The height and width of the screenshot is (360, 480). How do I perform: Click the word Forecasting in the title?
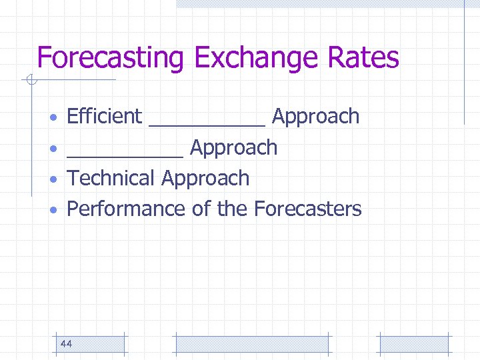pyautogui.click(x=110, y=58)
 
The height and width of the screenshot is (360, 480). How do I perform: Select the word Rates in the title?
pyautogui.click(x=365, y=58)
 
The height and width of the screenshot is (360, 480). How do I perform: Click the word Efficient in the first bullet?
pyautogui.click(x=105, y=117)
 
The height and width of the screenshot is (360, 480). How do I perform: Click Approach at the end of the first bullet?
pyautogui.click(x=316, y=117)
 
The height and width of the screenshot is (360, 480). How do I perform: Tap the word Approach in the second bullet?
pyautogui.click(x=233, y=148)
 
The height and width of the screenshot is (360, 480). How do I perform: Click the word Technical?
pyautogui.click(x=111, y=179)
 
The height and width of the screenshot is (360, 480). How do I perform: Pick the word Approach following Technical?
pyautogui.click(x=205, y=179)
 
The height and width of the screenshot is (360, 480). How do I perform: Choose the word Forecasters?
pyautogui.click(x=307, y=209)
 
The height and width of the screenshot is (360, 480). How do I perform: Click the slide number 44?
pyautogui.click(x=66, y=344)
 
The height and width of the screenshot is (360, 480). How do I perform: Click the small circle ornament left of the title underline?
pyautogui.click(x=29, y=81)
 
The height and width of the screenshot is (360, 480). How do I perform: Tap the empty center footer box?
pyautogui.click(x=251, y=344)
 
